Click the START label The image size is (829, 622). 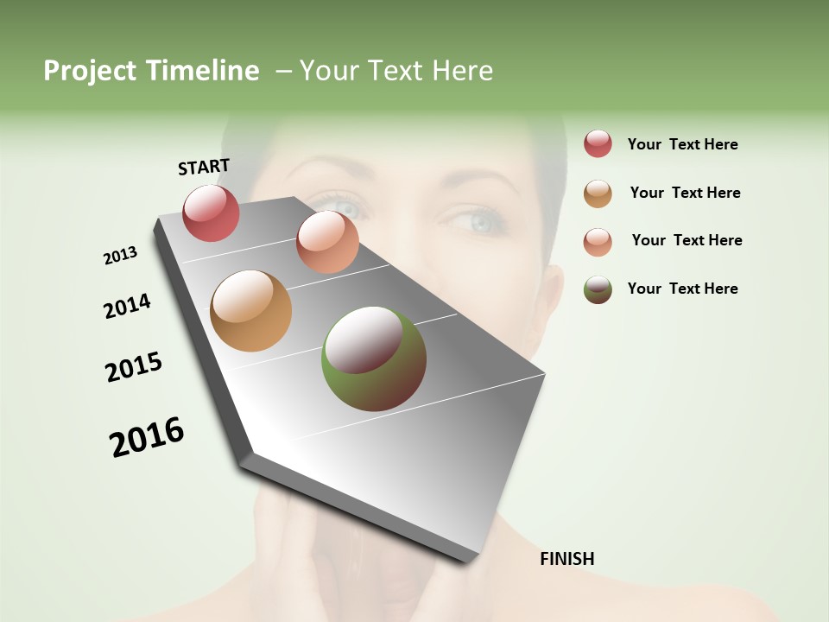(204, 166)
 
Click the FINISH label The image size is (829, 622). (567, 559)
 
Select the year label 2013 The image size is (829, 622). (120, 256)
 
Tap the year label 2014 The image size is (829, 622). (127, 306)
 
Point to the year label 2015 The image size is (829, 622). (134, 367)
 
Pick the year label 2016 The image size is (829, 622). (147, 436)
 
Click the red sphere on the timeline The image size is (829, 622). (211, 213)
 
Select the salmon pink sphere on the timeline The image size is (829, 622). (327, 242)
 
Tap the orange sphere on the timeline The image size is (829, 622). (250, 311)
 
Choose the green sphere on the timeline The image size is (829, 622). (374, 359)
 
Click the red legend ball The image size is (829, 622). (598, 143)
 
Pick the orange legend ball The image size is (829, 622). (598, 194)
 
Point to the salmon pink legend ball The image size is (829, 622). (598, 242)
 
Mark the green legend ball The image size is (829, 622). (598, 289)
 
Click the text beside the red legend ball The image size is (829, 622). (682, 144)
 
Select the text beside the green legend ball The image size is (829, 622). (682, 289)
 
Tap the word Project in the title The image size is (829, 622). (90, 71)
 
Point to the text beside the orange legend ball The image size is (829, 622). (685, 193)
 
